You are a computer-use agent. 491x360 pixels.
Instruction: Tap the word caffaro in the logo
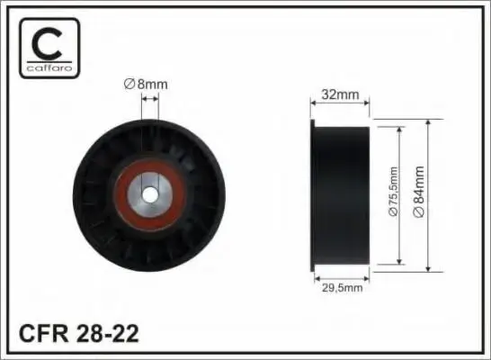point(49,68)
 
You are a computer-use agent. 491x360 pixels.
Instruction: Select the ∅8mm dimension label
point(146,85)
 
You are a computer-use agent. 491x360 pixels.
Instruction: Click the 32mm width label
point(340,94)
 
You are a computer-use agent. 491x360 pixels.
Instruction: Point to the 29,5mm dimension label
point(343,288)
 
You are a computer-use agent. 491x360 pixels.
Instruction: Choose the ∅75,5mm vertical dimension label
point(393,192)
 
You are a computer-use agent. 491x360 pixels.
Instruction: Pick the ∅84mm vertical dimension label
point(419,192)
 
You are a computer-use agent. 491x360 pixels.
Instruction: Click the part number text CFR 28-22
point(79,334)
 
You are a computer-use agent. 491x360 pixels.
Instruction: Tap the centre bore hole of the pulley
point(149,195)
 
